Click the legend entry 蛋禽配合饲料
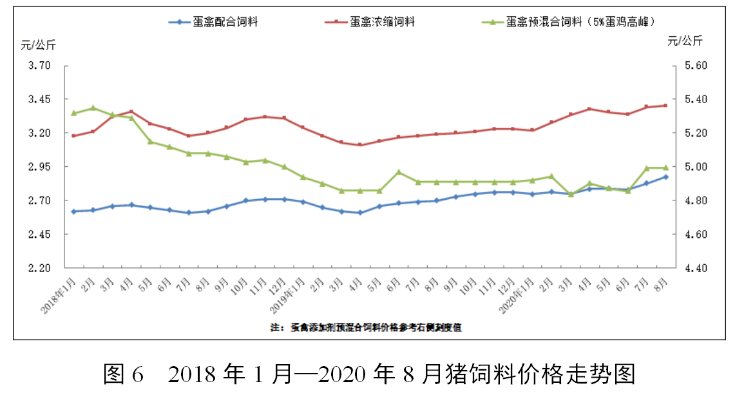225,22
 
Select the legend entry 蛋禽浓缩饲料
383,22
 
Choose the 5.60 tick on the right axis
694,66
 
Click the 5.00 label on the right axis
694,167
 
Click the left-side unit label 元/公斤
39,44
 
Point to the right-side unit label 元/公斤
685,41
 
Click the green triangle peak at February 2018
93,108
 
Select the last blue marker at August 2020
666,177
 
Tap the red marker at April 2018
131,111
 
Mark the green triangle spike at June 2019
399,172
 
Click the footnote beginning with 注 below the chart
366,327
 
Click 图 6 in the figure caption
122,374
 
